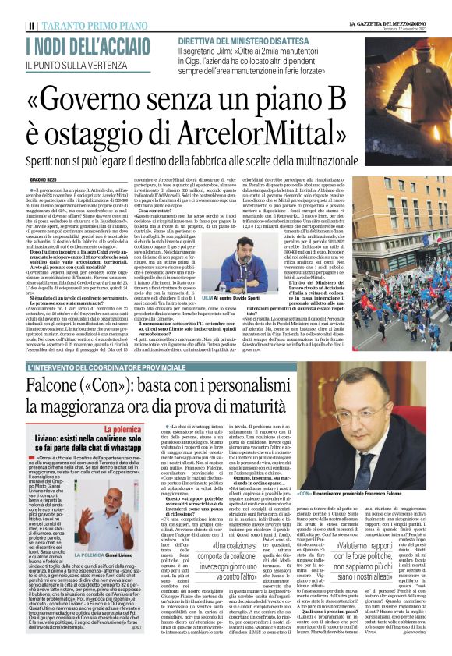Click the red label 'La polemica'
pyautogui.click(x=109, y=408)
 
